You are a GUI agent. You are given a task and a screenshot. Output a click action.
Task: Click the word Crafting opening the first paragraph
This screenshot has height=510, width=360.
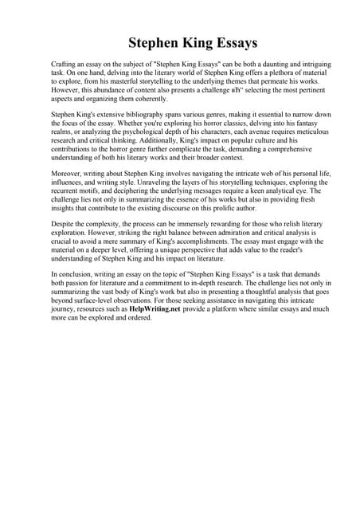pyautogui.click(x=65, y=63)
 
